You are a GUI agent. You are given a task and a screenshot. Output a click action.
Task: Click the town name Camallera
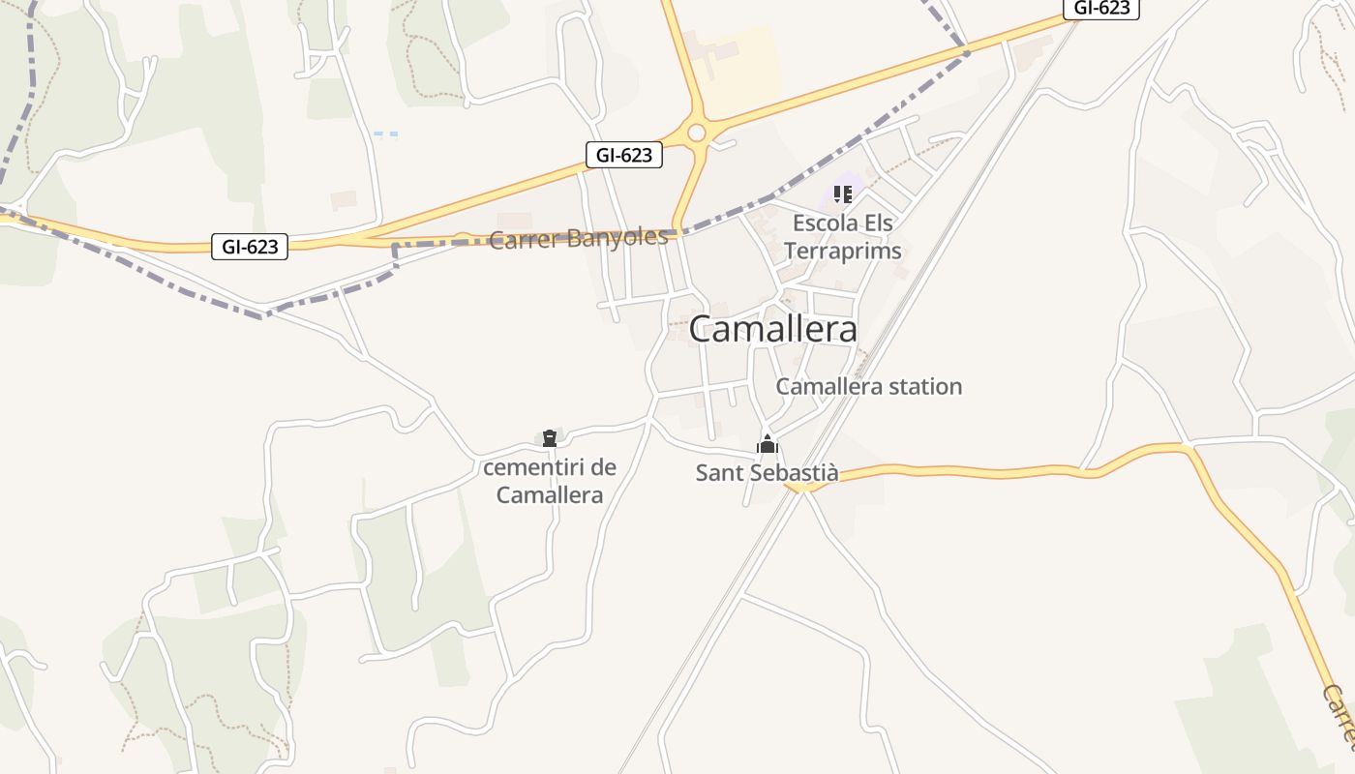(x=772, y=330)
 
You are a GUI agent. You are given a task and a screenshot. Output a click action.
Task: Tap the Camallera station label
(x=868, y=387)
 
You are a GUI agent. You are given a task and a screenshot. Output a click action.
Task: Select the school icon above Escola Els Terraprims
(x=842, y=194)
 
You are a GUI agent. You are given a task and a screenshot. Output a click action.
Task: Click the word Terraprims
(x=842, y=252)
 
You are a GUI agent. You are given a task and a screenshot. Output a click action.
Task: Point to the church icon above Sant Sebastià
(x=768, y=445)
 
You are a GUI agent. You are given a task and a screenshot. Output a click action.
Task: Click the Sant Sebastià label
(x=767, y=473)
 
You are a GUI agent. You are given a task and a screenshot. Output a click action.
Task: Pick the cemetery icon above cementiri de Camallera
(x=550, y=438)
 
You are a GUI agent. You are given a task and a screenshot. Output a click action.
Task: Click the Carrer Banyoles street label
(x=578, y=239)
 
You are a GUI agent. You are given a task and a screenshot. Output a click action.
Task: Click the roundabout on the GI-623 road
(x=697, y=134)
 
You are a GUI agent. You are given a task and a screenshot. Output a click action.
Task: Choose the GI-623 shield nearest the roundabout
(x=623, y=155)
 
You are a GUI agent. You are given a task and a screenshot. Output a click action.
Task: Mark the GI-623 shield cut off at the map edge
(x=1101, y=9)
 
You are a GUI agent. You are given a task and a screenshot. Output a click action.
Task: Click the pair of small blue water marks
(x=385, y=134)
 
